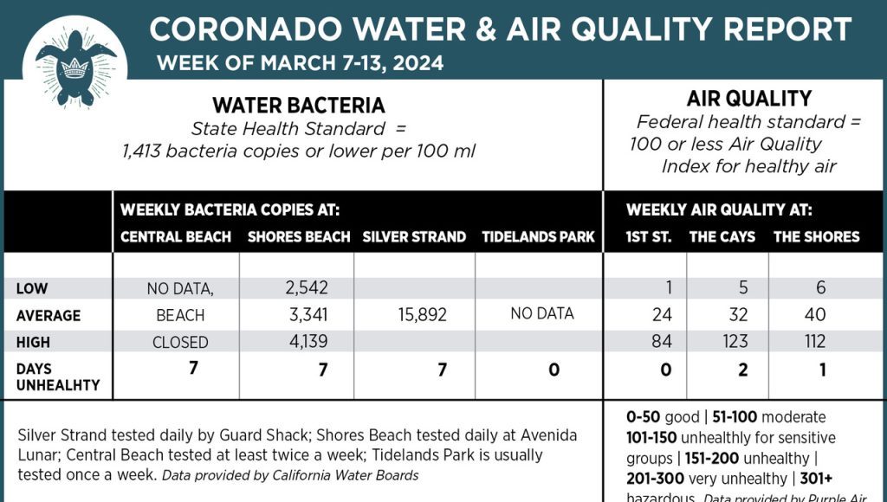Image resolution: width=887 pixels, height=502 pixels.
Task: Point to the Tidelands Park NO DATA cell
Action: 542,314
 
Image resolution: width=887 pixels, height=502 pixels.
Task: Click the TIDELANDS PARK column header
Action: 538,236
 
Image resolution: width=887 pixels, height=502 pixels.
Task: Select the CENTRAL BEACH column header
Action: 176,236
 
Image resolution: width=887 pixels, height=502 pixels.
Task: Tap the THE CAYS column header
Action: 722,236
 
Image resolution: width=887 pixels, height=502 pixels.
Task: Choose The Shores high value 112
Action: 814,342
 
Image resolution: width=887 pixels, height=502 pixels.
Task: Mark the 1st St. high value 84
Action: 662,342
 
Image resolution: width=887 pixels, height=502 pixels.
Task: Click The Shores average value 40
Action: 814,315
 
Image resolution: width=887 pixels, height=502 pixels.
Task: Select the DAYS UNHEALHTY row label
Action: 58,376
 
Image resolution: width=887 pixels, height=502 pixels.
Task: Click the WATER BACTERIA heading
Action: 298,106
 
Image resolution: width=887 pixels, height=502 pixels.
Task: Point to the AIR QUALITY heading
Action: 748,99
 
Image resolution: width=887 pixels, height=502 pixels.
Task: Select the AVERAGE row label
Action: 48,315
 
